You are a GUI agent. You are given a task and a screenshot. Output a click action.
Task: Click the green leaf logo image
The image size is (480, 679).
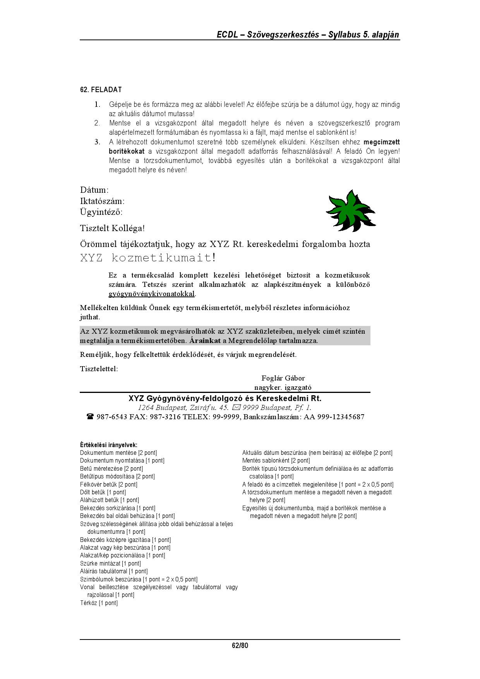pos(351,211)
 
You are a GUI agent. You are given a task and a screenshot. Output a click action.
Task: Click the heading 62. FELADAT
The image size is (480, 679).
pos(101,90)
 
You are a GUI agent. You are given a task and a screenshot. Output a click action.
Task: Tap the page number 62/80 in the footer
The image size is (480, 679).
pos(240,645)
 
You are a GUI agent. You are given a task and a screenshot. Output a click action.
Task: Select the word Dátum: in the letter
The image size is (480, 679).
pos(94,190)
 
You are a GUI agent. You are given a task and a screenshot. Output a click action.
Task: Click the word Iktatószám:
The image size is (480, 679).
pos(102,201)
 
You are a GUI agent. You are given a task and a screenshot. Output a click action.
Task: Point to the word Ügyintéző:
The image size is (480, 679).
pos(101,212)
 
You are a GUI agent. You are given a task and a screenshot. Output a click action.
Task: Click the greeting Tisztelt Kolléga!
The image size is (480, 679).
pos(112,228)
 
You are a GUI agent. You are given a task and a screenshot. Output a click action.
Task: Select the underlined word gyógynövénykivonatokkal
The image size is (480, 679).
pos(151,294)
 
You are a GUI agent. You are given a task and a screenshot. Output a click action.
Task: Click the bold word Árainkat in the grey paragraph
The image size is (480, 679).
pos(205,341)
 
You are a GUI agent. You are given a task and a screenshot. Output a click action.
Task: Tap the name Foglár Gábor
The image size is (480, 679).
pos(283,378)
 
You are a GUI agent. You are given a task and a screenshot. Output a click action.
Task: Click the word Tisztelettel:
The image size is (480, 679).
pos(99,369)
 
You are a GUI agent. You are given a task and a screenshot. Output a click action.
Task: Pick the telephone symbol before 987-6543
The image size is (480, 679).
pos(90,417)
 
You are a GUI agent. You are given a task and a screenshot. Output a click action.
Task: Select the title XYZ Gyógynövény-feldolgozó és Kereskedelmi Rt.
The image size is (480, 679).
pos(225,398)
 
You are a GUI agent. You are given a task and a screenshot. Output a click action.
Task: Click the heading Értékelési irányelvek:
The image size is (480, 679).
pos(108,445)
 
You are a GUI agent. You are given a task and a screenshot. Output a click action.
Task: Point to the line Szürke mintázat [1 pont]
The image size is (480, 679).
pos(110,564)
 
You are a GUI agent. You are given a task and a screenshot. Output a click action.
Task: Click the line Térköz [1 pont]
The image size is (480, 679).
pos(99,603)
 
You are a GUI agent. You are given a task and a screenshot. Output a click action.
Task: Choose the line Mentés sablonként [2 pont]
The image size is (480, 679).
pos(276,461)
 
